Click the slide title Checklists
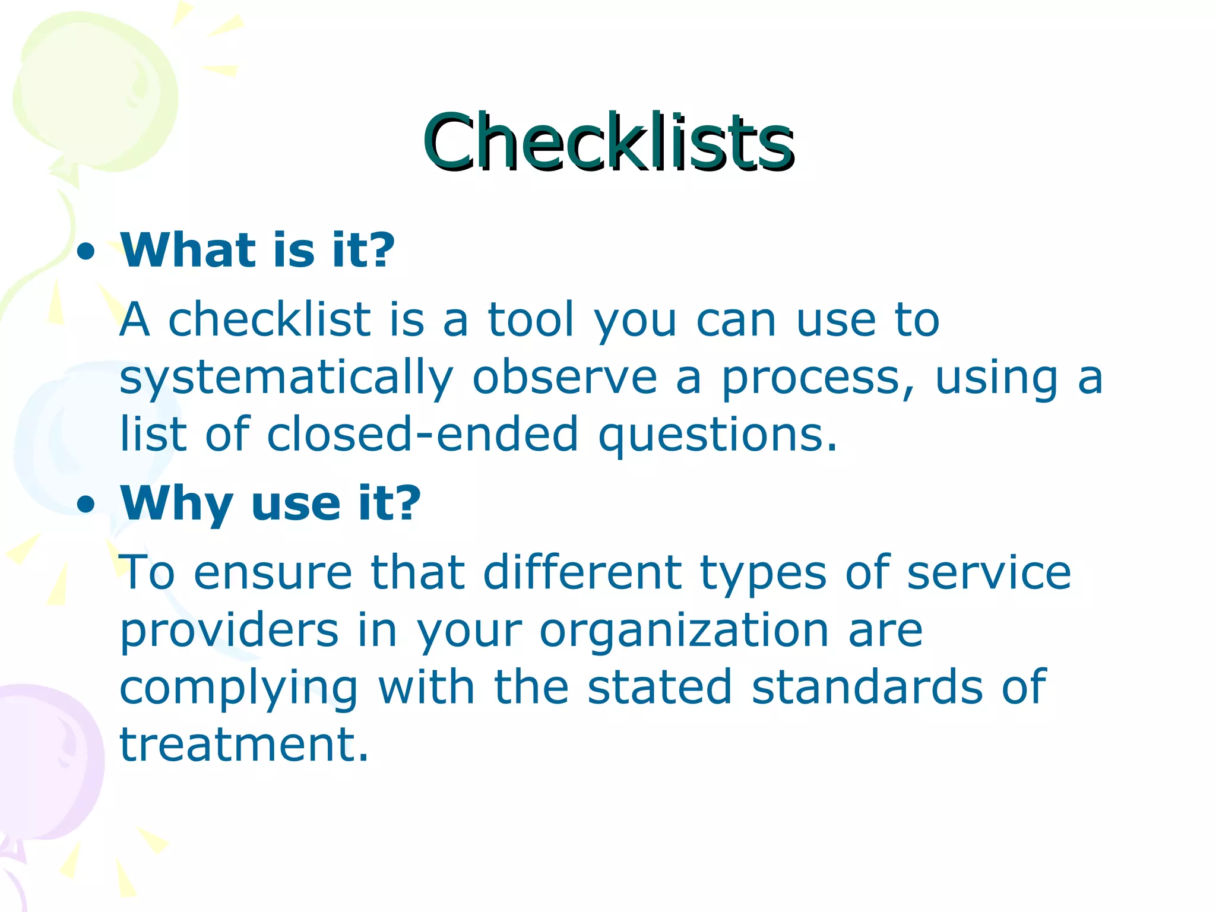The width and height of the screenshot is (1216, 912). coord(608,142)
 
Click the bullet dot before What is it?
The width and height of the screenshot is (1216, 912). coord(87,252)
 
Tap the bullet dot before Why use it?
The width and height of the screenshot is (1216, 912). coord(87,505)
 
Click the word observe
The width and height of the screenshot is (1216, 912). coord(564,378)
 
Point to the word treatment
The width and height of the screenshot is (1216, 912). coord(243,745)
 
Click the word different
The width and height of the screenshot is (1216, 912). coord(582,572)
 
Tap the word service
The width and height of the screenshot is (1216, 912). coord(989,572)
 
